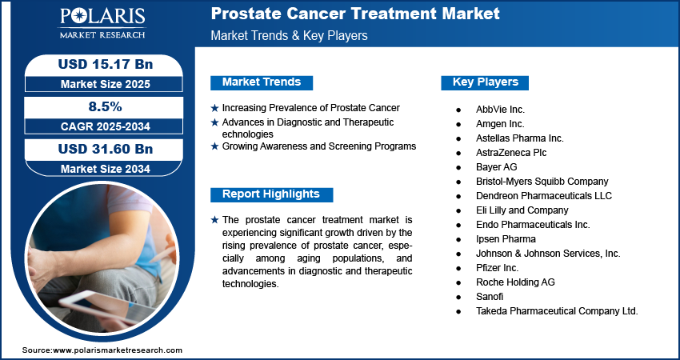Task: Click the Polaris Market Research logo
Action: [102, 23]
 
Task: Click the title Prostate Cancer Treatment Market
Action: [355, 14]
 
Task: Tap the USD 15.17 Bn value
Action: [106, 64]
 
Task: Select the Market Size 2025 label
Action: [106, 84]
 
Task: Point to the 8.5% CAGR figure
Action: [106, 106]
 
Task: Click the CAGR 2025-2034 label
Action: [106, 126]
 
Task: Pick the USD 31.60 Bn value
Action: [106, 149]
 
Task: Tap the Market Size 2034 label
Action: [106, 169]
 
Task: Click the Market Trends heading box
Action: [262, 82]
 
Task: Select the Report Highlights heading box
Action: [271, 194]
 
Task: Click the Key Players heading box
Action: [485, 82]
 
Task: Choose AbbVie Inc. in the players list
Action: [500, 110]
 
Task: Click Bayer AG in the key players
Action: [497, 167]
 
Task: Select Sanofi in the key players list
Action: [490, 297]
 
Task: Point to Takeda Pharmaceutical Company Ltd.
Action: [557, 311]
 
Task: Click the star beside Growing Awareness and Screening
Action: [214, 146]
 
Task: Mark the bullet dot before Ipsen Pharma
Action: [458, 239]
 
